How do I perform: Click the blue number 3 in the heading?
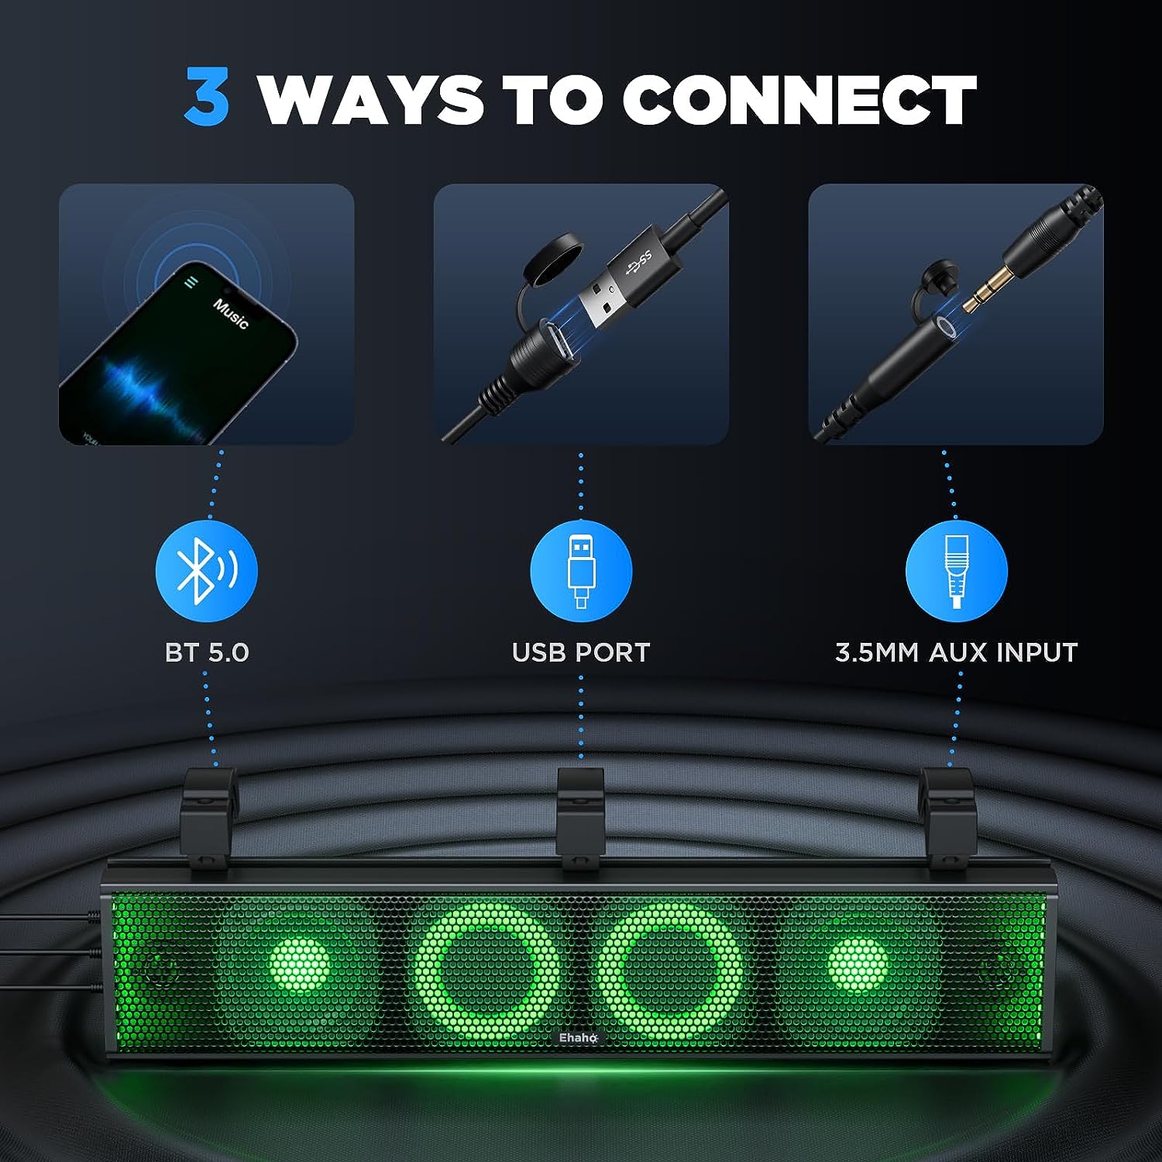tap(207, 98)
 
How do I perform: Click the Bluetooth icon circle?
tap(206, 572)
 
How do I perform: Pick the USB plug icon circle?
tap(581, 572)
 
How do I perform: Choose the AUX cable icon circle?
tap(956, 572)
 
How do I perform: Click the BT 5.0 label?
tap(207, 652)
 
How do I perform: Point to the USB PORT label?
tap(581, 652)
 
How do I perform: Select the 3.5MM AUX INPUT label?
tap(956, 652)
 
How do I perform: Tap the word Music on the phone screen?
tap(231, 313)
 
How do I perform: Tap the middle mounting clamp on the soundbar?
tap(581, 817)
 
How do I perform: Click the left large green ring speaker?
tap(486, 971)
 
